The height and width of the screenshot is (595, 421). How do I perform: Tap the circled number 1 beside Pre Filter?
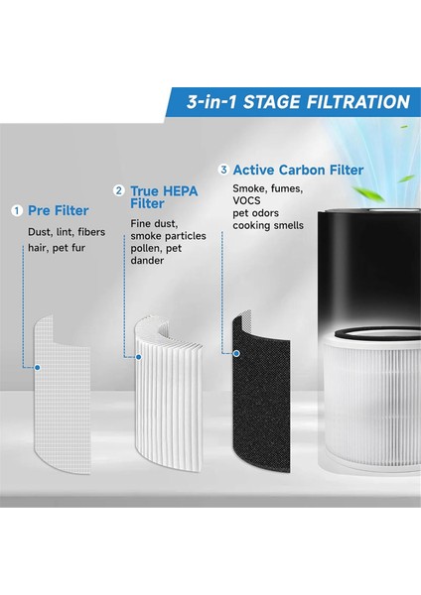tap(17, 211)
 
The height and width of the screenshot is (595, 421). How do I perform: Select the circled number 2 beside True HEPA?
tap(119, 189)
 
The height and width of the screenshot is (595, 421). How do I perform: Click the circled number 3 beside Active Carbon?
tap(223, 170)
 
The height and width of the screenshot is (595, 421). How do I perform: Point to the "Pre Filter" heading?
tap(58, 211)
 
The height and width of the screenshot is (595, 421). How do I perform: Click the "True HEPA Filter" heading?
tap(163, 197)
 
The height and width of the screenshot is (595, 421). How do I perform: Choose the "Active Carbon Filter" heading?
tap(298, 171)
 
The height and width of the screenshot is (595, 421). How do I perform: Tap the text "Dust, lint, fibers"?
tap(67, 233)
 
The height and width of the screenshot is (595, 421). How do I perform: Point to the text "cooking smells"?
tap(269, 227)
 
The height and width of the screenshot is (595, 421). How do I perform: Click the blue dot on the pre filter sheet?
tap(36, 367)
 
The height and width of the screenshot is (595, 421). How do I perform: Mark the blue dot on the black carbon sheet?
tap(236, 352)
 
